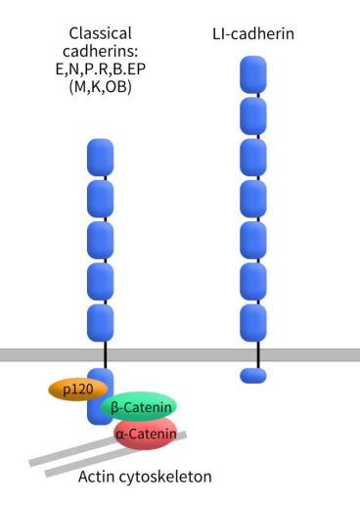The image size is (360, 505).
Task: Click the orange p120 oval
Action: (78, 390)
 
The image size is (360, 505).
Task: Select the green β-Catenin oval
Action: (139, 407)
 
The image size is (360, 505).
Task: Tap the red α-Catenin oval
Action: (146, 434)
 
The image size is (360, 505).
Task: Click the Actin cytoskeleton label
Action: (145, 477)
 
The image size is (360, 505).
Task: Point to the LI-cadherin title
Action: (253, 34)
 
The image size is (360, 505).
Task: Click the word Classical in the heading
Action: (101, 33)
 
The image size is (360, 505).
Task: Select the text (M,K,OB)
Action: (101, 86)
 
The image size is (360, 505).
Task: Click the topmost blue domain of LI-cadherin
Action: (253, 74)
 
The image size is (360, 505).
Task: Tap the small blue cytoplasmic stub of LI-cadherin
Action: (253, 376)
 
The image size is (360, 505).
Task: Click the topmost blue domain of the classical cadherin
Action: (101, 158)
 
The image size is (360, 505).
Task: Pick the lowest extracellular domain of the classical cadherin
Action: (101, 323)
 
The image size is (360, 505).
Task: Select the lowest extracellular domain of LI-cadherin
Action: (253, 323)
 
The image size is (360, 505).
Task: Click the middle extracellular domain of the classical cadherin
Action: (101, 241)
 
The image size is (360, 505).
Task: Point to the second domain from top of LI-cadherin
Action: (253, 116)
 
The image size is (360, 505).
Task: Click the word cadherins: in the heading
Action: (101, 51)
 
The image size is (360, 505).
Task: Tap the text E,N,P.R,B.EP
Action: (101, 69)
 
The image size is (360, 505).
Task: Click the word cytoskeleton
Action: (165, 477)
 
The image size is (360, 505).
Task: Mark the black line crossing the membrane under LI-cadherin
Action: (258, 355)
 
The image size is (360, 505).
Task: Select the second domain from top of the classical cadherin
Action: (101, 199)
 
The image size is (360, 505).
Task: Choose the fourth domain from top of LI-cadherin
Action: (253, 199)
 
